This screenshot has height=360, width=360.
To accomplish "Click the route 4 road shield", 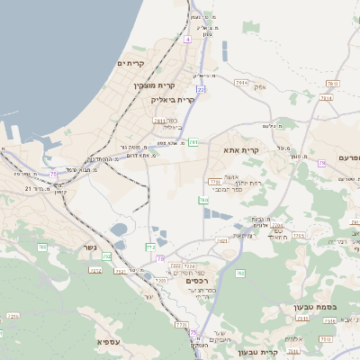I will point(187,40).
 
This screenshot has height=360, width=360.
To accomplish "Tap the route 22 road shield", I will point(201,90).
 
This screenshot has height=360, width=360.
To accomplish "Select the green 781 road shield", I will point(193,141).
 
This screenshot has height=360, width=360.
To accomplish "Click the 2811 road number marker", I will point(159,120).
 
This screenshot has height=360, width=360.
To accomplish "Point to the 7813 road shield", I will point(332,84).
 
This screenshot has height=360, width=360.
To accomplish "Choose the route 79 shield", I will point(321,164).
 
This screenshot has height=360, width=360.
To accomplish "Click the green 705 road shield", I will point(41,247).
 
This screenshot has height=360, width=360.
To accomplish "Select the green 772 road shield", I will point(150,246).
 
